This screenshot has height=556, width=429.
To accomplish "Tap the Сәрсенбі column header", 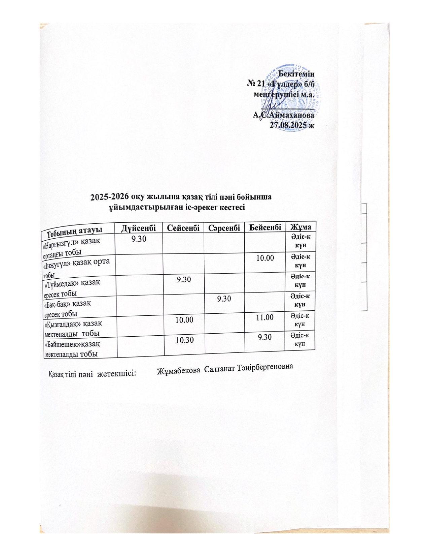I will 224,227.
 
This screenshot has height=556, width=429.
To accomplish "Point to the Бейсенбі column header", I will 265,226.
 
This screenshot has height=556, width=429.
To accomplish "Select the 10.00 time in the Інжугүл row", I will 265,258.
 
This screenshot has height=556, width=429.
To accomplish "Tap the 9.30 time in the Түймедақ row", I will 184,279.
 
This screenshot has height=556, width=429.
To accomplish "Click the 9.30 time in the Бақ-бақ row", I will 224,299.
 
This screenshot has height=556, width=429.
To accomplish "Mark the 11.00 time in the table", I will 265,317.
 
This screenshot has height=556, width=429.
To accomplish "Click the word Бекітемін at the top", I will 298,72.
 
